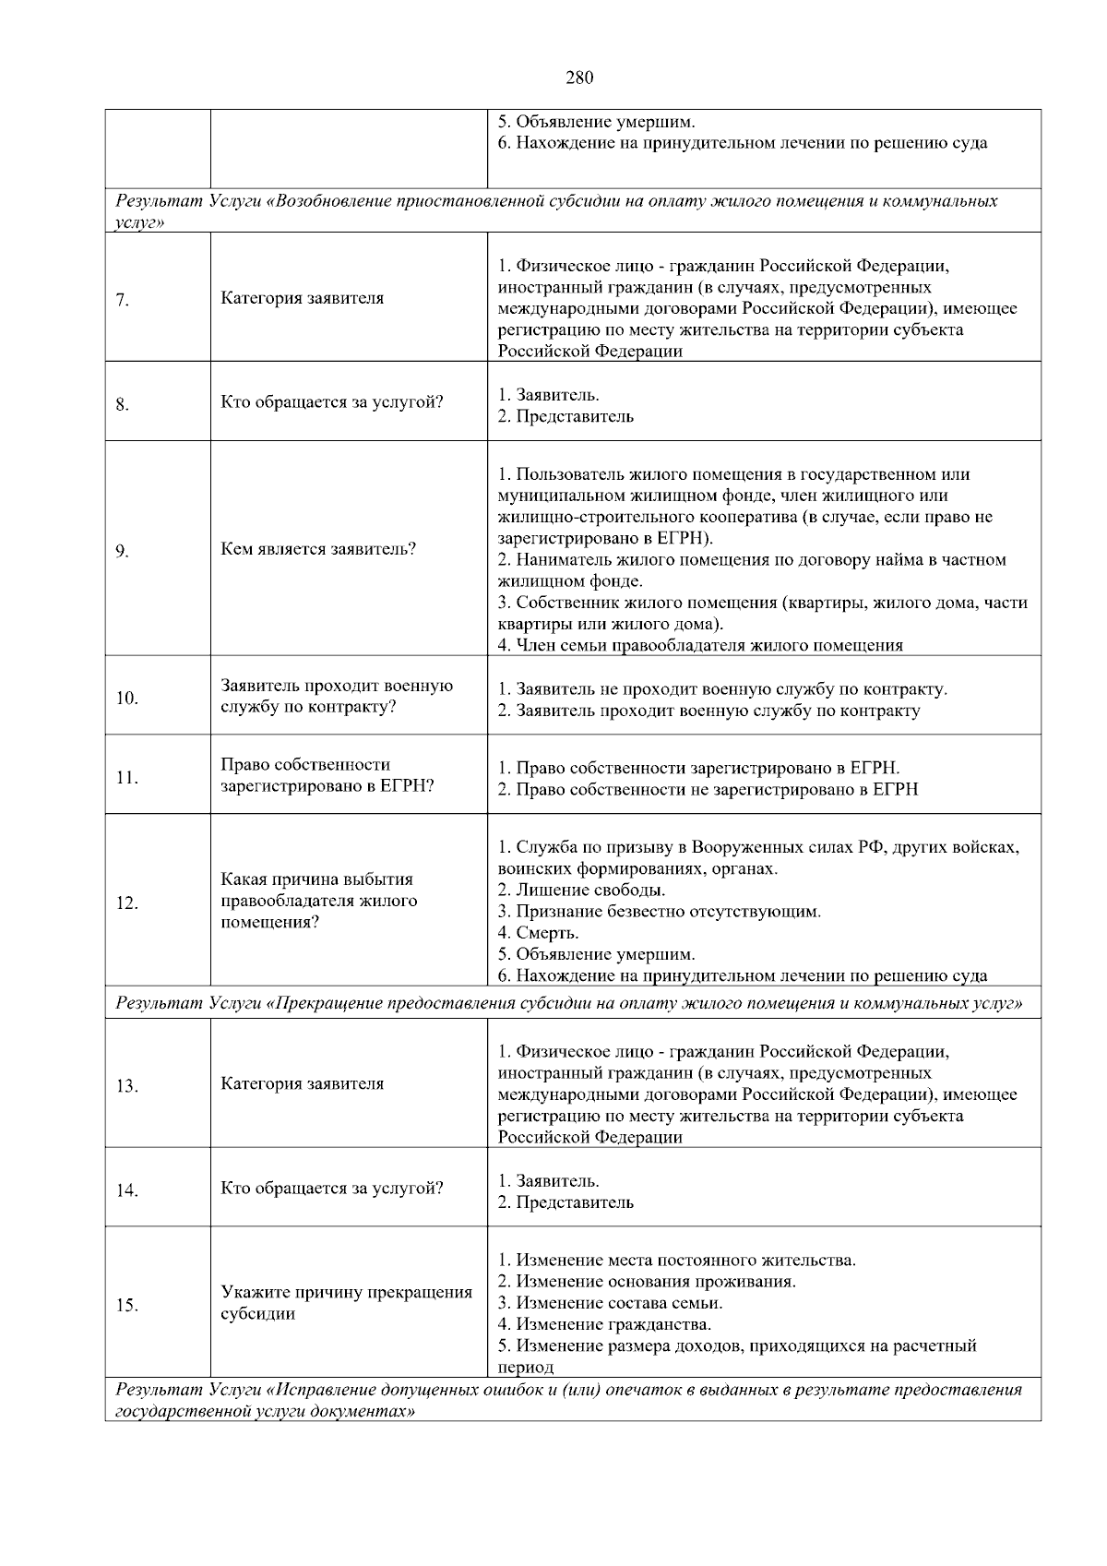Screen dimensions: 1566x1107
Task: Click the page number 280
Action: [x=578, y=78]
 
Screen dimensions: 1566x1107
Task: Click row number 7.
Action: [x=122, y=300]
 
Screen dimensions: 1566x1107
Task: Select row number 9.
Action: [x=122, y=552]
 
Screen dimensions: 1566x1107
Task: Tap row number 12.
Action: [x=126, y=903]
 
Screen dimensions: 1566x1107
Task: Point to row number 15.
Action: [x=126, y=1305]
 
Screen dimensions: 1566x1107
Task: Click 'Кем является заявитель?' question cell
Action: [x=318, y=549]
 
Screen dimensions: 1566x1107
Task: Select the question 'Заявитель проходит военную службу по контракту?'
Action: [x=337, y=697]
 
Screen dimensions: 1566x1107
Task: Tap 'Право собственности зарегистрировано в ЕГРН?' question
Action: [x=327, y=775]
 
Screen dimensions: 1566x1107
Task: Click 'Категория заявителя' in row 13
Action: [x=302, y=1083]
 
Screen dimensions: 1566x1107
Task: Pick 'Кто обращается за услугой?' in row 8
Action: [x=332, y=402]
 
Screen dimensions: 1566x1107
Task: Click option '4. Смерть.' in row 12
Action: [x=538, y=933]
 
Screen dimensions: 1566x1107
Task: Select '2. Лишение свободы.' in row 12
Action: [x=581, y=891]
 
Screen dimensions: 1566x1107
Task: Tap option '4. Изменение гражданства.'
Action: [x=604, y=1324]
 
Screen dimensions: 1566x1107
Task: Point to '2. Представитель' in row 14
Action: [x=565, y=1202]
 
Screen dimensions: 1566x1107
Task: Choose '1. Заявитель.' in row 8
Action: [x=548, y=395]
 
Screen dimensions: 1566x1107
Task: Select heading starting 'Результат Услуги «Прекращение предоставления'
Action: [x=568, y=1003]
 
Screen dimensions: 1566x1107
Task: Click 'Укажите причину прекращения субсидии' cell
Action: [x=346, y=1303]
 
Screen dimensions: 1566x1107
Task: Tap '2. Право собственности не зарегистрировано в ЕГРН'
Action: [x=708, y=790]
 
